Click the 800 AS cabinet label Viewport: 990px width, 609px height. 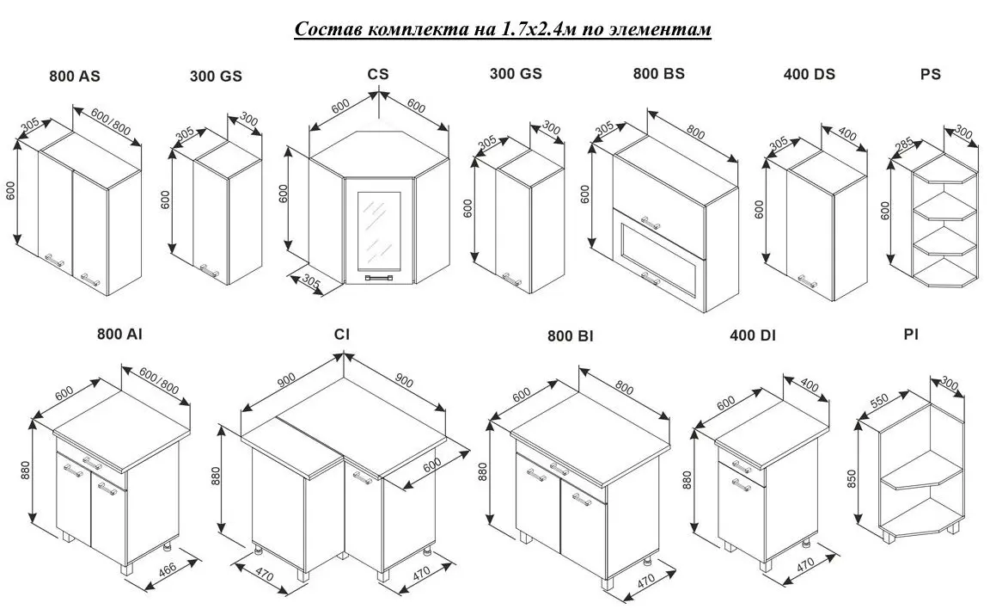tap(75, 77)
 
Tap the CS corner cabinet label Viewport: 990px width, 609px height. tap(378, 74)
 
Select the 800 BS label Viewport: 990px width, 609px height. tap(658, 74)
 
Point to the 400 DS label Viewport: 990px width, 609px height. tap(809, 75)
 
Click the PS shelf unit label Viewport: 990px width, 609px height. tap(930, 75)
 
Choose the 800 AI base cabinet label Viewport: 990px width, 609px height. tap(119, 334)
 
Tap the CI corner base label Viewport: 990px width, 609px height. tap(341, 334)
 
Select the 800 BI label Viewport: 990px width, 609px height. tap(570, 336)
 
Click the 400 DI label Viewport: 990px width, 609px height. tap(753, 335)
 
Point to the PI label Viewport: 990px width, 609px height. tap(910, 335)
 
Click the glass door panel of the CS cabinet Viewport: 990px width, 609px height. tap(378, 231)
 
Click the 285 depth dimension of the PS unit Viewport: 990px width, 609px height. tap(903, 146)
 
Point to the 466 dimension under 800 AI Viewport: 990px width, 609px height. tap(168, 569)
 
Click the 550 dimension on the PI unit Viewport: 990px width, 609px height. tap(879, 401)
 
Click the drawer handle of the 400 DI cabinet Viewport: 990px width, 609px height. tap(742, 466)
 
